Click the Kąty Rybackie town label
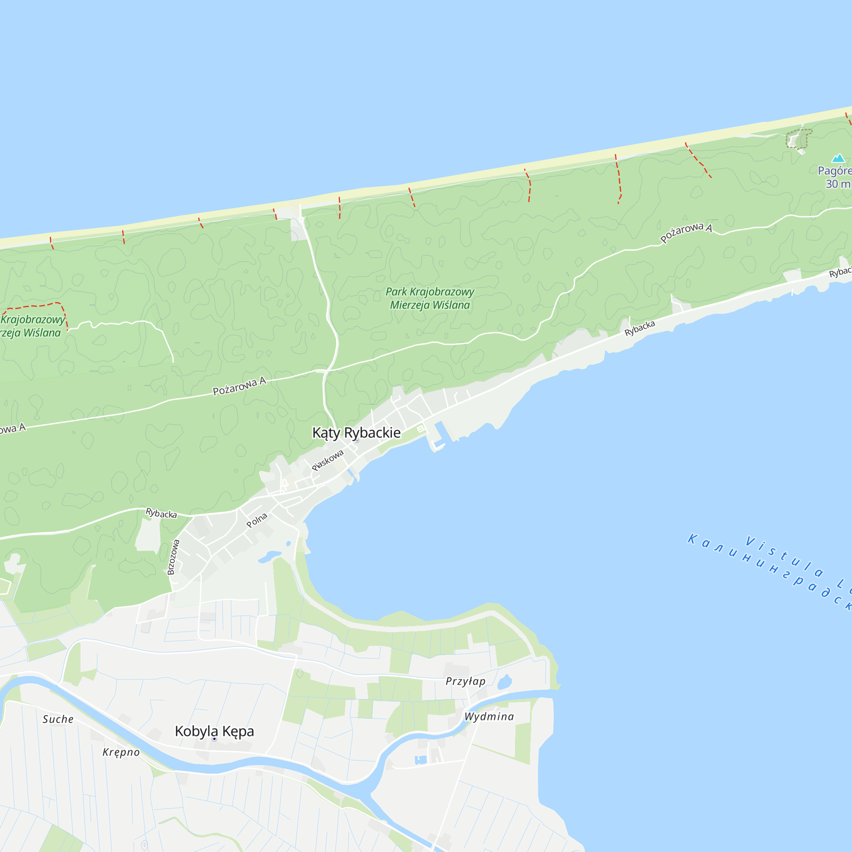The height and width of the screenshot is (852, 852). click(356, 433)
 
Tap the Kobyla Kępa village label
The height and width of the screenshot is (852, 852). click(214, 731)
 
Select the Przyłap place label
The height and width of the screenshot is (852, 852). click(465, 681)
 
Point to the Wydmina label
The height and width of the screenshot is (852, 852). click(489, 717)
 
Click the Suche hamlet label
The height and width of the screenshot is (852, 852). click(58, 719)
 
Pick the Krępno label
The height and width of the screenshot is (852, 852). click(121, 752)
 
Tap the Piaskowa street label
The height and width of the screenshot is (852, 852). click(327, 461)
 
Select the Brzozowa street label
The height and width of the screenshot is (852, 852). click(174, 557)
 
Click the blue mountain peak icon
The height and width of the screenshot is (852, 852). click(838, 158)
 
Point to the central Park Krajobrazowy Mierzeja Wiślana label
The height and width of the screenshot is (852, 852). click(430, 298)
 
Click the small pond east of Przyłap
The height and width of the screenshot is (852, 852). click(504, 682)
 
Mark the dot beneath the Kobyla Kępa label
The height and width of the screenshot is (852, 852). click(214, 739)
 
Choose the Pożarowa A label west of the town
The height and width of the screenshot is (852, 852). click(239, 387)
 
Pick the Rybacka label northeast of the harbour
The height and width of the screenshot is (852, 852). click(639, 328)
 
